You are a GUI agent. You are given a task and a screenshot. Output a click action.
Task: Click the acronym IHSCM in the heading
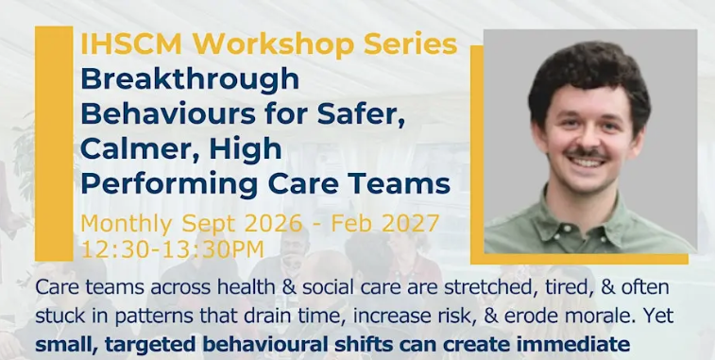tap(131, 43)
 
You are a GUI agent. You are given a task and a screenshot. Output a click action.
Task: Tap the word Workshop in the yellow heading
tap(273, 43)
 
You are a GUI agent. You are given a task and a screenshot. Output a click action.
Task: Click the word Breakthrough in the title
tap(190, 78)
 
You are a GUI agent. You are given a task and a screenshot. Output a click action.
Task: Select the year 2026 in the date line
tap(274, 223)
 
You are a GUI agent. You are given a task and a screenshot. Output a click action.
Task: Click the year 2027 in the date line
tap(410, 223)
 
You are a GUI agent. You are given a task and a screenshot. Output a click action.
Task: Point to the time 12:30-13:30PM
tap(172, 249)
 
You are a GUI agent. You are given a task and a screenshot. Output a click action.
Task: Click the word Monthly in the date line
tap(127, 224)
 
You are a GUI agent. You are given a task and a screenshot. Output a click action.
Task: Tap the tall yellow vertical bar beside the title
tap(54, 144)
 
